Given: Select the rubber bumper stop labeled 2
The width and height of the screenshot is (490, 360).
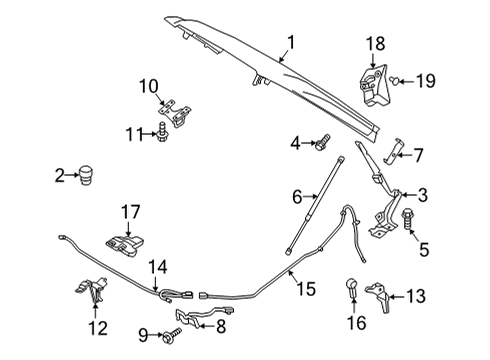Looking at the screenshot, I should pos(87,176).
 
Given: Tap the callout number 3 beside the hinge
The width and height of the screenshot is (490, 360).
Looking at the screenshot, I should pos(423,195).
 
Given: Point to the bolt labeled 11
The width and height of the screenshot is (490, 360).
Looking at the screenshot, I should pos(161,131).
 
